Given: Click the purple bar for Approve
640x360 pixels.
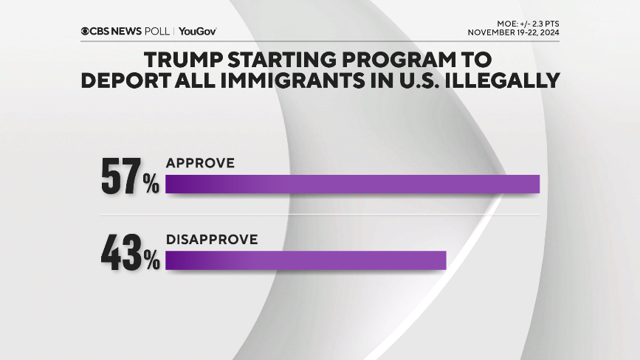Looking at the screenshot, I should click(352, 184).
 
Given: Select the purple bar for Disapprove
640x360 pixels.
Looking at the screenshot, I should click(306, 260).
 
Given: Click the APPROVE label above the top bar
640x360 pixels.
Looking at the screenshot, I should click(200, 163).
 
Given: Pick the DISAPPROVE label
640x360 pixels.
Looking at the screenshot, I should click(211, 239).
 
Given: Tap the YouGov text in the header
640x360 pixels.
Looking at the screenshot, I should click(197, 31).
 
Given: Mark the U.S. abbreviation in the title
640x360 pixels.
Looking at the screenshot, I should click(416, 80).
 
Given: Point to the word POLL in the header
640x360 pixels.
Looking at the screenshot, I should click(157, 31).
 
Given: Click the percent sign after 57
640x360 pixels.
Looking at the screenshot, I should click(151, 185).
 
